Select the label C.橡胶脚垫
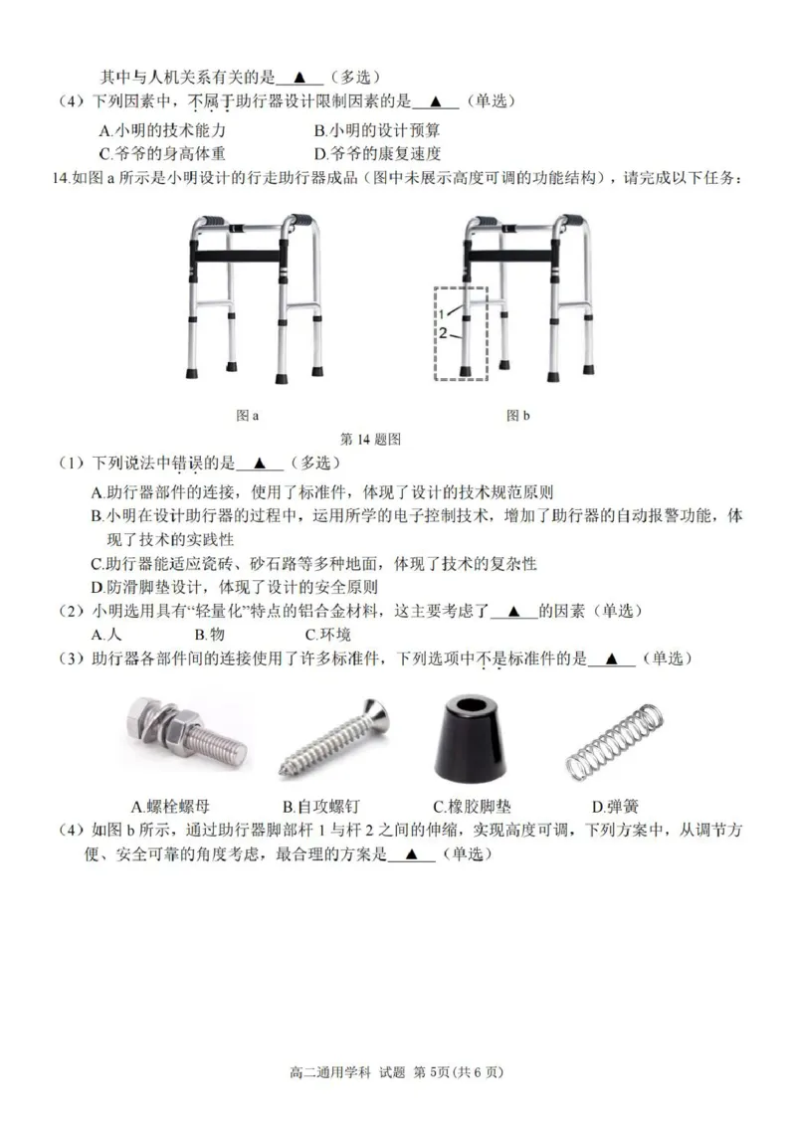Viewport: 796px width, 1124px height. coord(472,806)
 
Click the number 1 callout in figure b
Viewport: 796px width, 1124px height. coord(443,314)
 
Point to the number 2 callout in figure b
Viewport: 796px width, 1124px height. coord(443,332)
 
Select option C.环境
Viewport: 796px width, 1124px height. coord(328,634)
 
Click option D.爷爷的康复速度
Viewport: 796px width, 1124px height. coord(377,153)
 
